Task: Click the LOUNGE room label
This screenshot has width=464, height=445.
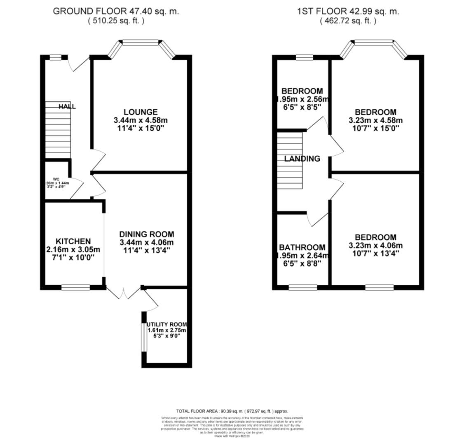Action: point(141,112)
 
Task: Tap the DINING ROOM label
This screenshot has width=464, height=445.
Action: point(146,234)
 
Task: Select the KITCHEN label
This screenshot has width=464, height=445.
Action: point(73,241)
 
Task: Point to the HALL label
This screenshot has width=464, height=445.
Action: point(67,107)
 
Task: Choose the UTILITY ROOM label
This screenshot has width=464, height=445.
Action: point(167,325)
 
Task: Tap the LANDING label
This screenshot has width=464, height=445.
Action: point(302,159)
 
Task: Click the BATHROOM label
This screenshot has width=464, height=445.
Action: point(302,248)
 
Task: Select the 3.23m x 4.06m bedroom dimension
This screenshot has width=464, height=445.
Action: point(375,246)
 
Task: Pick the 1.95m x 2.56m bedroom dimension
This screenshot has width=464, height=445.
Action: point(302,99)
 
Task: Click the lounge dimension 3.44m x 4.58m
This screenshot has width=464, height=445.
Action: point(141,120)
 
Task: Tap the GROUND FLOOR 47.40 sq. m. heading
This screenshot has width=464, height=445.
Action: point(116,12)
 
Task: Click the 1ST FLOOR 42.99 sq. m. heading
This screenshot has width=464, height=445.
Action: point(348,12)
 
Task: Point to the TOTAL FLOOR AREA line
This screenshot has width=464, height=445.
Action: point(232,411)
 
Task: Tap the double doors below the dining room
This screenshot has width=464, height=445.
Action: point(123,293)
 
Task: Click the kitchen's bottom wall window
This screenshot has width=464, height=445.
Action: point(75,287)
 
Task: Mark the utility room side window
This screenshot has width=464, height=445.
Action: point(144,337)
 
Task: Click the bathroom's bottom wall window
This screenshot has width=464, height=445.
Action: point(302,287)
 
